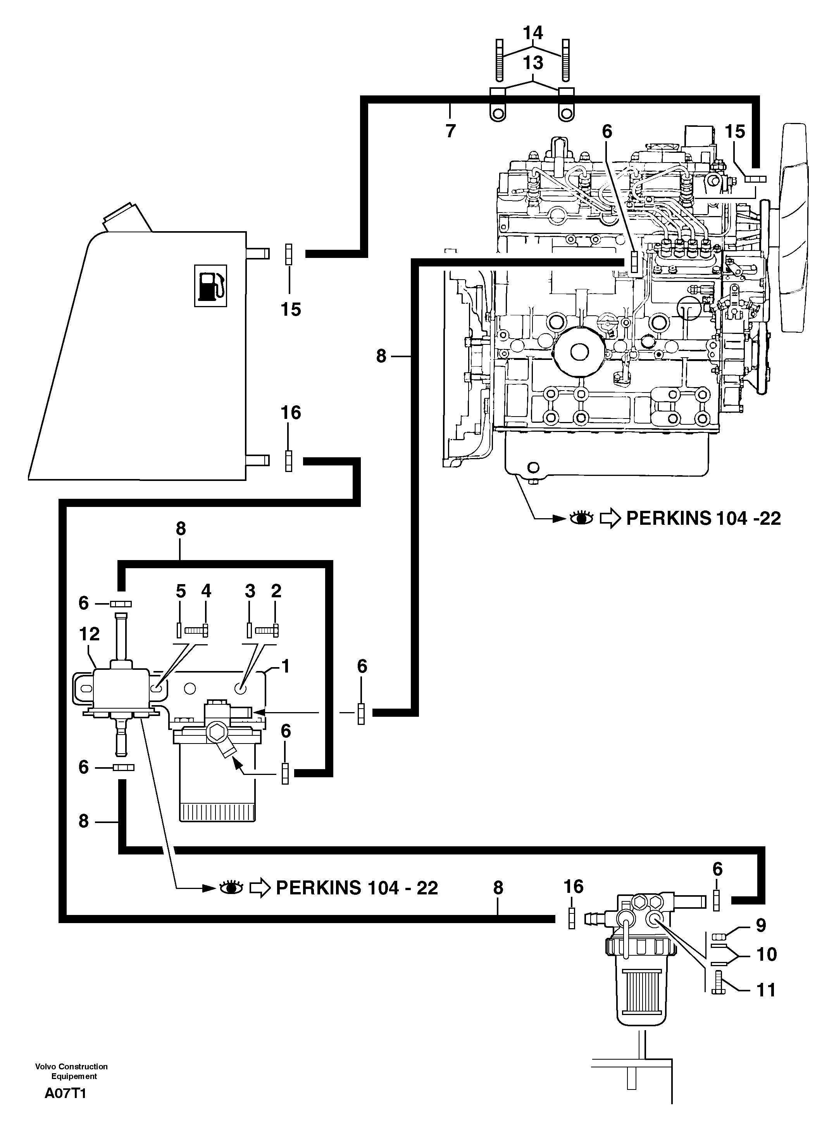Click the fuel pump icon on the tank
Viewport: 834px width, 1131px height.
coord(210,285)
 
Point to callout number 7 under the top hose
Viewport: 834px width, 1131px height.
coord(450,131)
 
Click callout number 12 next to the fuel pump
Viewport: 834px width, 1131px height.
coord(90,634)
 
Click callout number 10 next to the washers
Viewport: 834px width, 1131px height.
coord(766,954)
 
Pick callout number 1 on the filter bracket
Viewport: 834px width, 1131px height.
coord(285,666)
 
